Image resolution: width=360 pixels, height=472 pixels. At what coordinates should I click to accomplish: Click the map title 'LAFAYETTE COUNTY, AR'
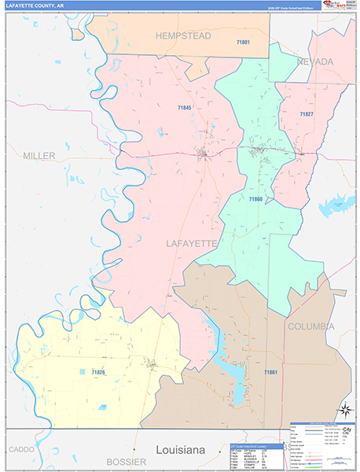[35, 6]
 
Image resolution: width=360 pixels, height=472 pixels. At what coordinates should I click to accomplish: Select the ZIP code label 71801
[243, 42]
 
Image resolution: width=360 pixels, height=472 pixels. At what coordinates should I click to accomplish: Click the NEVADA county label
[315, 61]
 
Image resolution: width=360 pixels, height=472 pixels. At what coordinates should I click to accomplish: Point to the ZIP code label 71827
[306, 115]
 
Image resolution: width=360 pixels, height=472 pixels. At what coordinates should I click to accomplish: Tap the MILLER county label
[39, 156]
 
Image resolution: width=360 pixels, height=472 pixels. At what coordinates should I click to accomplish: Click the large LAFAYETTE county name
[191, 244]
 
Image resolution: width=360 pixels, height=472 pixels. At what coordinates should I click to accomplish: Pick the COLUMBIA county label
[310, 326]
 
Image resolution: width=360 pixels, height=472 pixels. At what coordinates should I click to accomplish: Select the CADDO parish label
[22, 449]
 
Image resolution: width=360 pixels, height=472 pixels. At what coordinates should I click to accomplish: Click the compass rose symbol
[344, 409]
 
